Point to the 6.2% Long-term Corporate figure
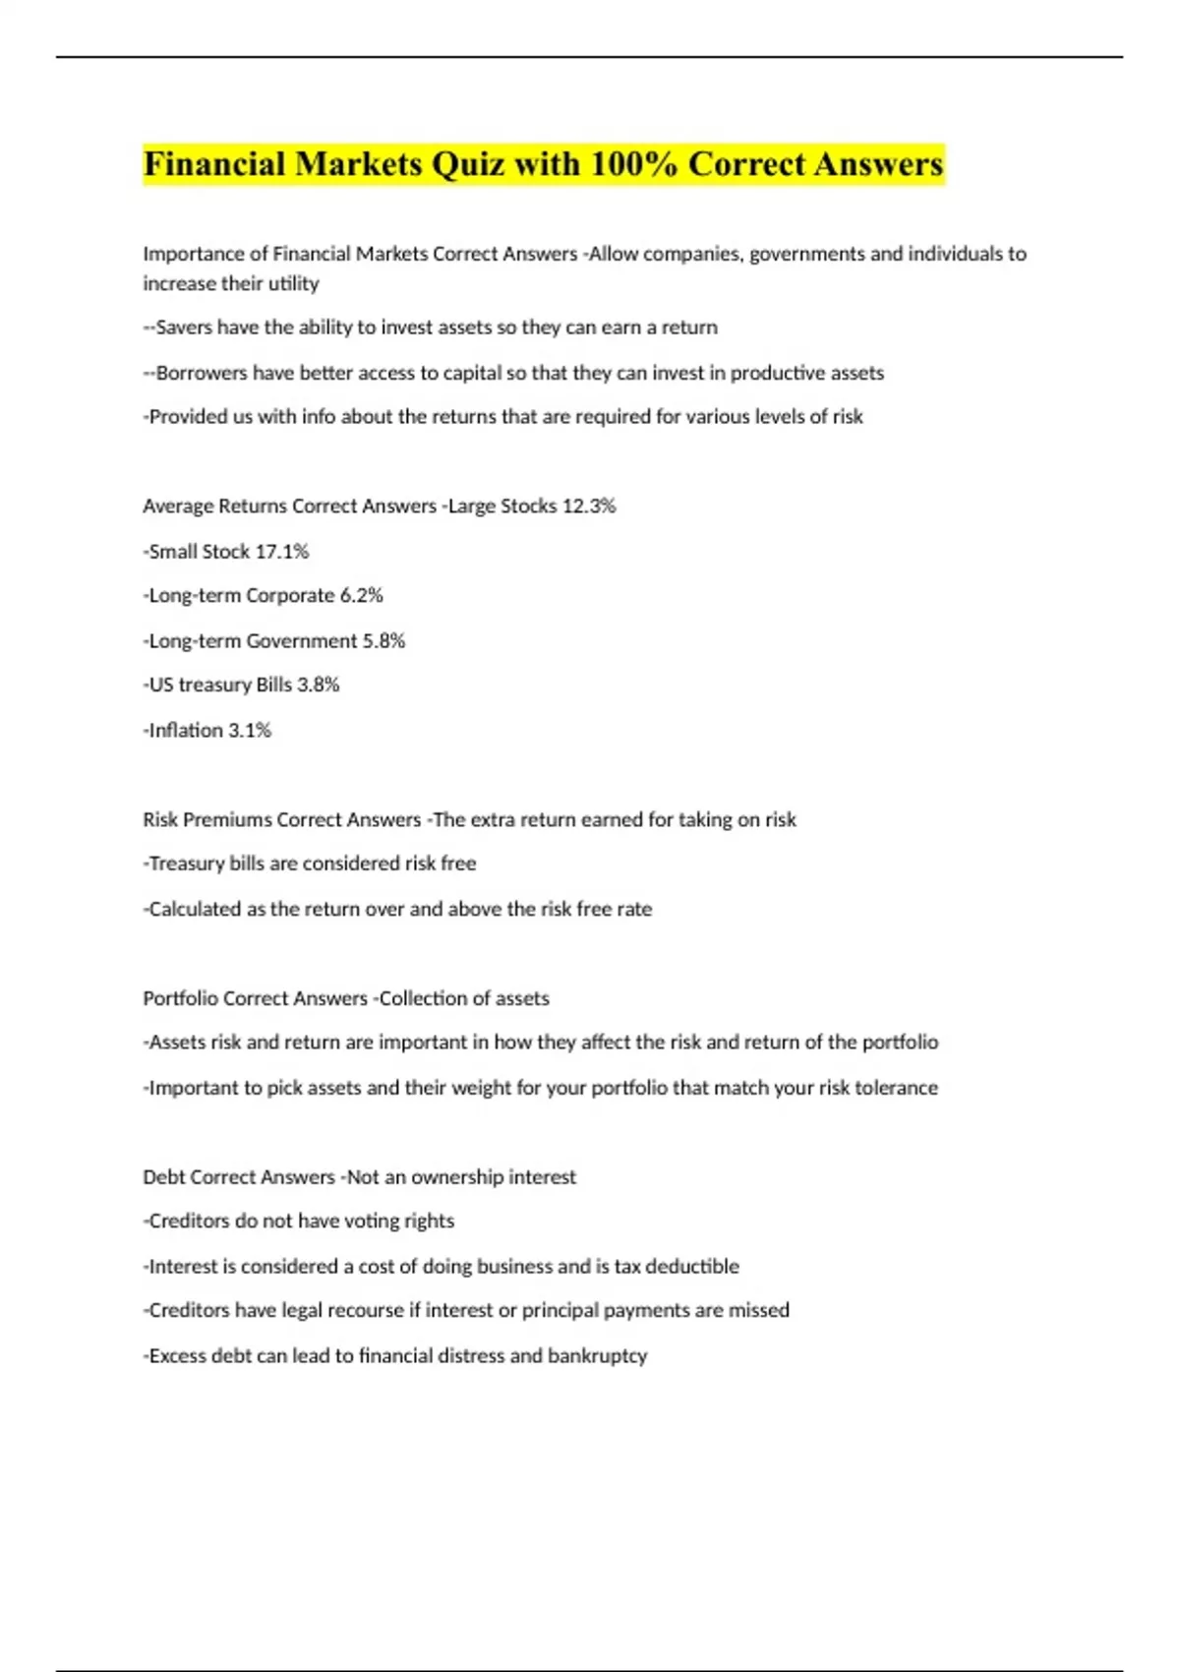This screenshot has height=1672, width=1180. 361,596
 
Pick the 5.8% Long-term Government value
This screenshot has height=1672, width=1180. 383,641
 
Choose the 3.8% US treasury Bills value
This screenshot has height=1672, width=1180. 318,686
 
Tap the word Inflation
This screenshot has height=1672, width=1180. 186,731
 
